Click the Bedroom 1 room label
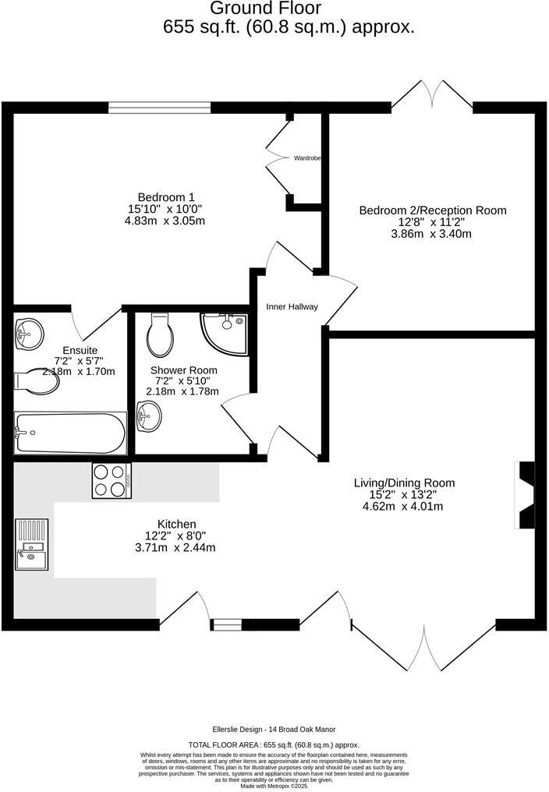click(x=166, y=196)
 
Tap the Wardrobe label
click(x=307, y=158)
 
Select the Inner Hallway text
click(x=292, y=306)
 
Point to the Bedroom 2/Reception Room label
click(x=432, y=210)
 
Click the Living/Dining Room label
click(x=404, y=483)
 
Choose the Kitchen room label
click(x=177, y=524)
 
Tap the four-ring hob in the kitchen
click(x=112, y=480)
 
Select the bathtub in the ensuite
click(x=70, y=433)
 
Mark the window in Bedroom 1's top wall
click(x=159, y=108)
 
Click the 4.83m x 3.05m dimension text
click(x=166, y=221)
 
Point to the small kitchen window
click(x=227, y=624)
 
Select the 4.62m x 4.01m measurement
click(x=403, y=506)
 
